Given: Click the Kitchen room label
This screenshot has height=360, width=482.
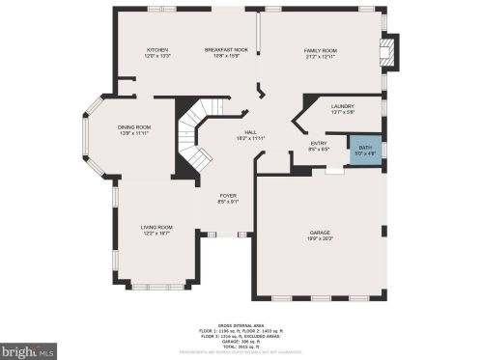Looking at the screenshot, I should (157, 49).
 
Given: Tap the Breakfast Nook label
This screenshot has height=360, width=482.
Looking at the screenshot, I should (226, 49).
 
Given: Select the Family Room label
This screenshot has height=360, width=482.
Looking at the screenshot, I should (320, 49).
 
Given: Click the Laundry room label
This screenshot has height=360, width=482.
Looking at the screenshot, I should (342, 106).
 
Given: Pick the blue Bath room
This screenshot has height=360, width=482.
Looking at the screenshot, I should (365, 151).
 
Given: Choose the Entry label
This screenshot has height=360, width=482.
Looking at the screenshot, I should (319, 143).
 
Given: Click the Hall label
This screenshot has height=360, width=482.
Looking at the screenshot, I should (249, 132).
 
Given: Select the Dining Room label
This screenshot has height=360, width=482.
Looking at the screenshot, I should (134, 127).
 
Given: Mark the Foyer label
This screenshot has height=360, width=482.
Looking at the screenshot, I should (228, 196).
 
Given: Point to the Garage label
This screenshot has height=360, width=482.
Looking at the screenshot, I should (320, 234).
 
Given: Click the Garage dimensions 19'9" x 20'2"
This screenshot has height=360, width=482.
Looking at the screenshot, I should (320, 239).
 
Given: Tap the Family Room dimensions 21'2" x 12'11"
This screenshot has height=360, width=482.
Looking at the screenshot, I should (320, 56).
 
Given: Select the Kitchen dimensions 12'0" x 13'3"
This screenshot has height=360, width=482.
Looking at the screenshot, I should (157, 56).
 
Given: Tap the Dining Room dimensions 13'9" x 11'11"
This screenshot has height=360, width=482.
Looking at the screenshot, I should (134, 133).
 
